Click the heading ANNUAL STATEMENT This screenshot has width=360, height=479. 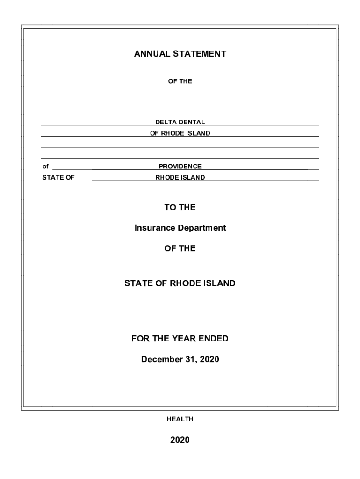click(x=180, y=54)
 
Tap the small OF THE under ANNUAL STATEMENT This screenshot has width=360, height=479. click(x=180, y=81)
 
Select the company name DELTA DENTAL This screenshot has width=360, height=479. click(x=180, y=122)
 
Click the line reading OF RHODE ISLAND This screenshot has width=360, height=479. click(x=180, y=133)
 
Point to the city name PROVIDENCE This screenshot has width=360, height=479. click(x=180, y=167)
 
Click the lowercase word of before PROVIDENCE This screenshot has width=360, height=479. click(x=45, y=167)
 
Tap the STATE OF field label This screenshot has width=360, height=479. click(x=58, y=178)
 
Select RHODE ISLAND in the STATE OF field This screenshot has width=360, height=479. click(x=180, y=178)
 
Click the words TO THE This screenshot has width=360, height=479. click(x=180, y=207)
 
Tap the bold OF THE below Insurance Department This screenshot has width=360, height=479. click(x=180, y=248)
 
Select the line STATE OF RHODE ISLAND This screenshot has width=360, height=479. click(x=180, y=283)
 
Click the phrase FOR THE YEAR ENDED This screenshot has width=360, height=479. click(x=180, y=339)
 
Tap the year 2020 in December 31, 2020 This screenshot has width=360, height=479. click(x=209, y=359)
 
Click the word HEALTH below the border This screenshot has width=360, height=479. click(x=180, y=420)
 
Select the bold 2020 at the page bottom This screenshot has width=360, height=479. click(x=180, y=440)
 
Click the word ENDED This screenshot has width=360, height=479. click(x=214, y=339)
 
